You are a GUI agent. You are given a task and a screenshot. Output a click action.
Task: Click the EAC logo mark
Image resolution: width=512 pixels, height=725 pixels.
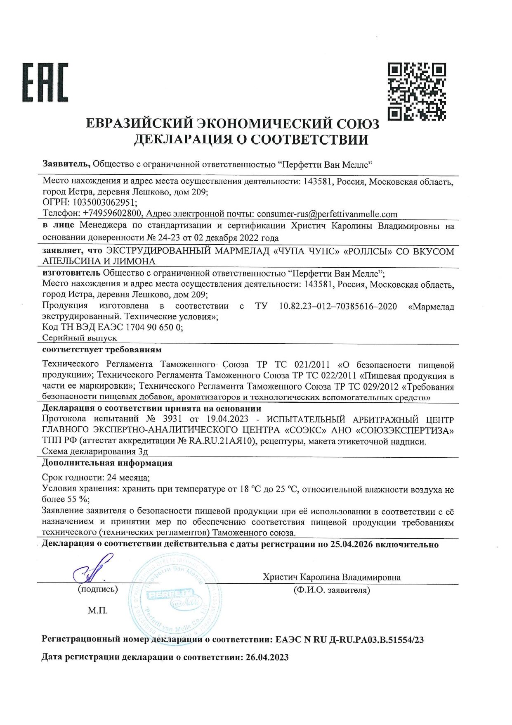click(45, 83)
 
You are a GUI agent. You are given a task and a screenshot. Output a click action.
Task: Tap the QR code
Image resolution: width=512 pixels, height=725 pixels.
click(417, 92)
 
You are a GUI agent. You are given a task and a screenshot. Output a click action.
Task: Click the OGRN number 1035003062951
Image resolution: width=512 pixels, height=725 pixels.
click(104, 202)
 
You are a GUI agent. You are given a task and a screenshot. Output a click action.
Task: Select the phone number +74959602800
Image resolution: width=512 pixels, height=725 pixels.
click(112, 214)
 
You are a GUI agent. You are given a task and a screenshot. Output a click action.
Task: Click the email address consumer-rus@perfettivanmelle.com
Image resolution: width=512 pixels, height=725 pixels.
click(327, 214)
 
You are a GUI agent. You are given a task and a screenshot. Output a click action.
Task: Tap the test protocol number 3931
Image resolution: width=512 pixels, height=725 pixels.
click(172, 419)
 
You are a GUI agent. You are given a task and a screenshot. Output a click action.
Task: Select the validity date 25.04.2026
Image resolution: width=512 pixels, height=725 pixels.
click(352, 544)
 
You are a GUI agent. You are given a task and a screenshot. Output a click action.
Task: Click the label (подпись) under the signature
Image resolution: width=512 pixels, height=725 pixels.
click(98, 589)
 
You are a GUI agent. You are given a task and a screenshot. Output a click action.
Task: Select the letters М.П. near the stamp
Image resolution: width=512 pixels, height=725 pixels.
click(97, 611)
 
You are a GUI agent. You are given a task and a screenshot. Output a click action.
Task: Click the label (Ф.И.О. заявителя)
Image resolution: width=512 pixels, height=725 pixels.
click(332, 590)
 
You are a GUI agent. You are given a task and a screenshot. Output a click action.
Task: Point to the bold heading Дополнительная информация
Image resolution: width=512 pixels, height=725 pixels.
click(107, 463)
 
